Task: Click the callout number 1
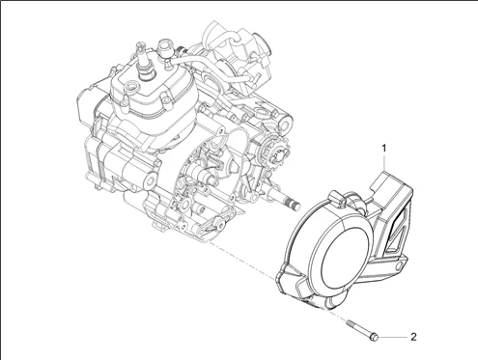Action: [383, 149]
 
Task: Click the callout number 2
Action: [413, 337]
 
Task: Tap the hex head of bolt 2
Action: [374, 338]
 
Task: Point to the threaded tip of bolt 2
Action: [349, 322]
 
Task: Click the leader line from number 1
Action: [384, 162]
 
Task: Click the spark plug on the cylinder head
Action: [142, 60]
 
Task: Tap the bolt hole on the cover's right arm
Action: [400, 266]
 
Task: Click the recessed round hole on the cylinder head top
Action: [131, 86]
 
